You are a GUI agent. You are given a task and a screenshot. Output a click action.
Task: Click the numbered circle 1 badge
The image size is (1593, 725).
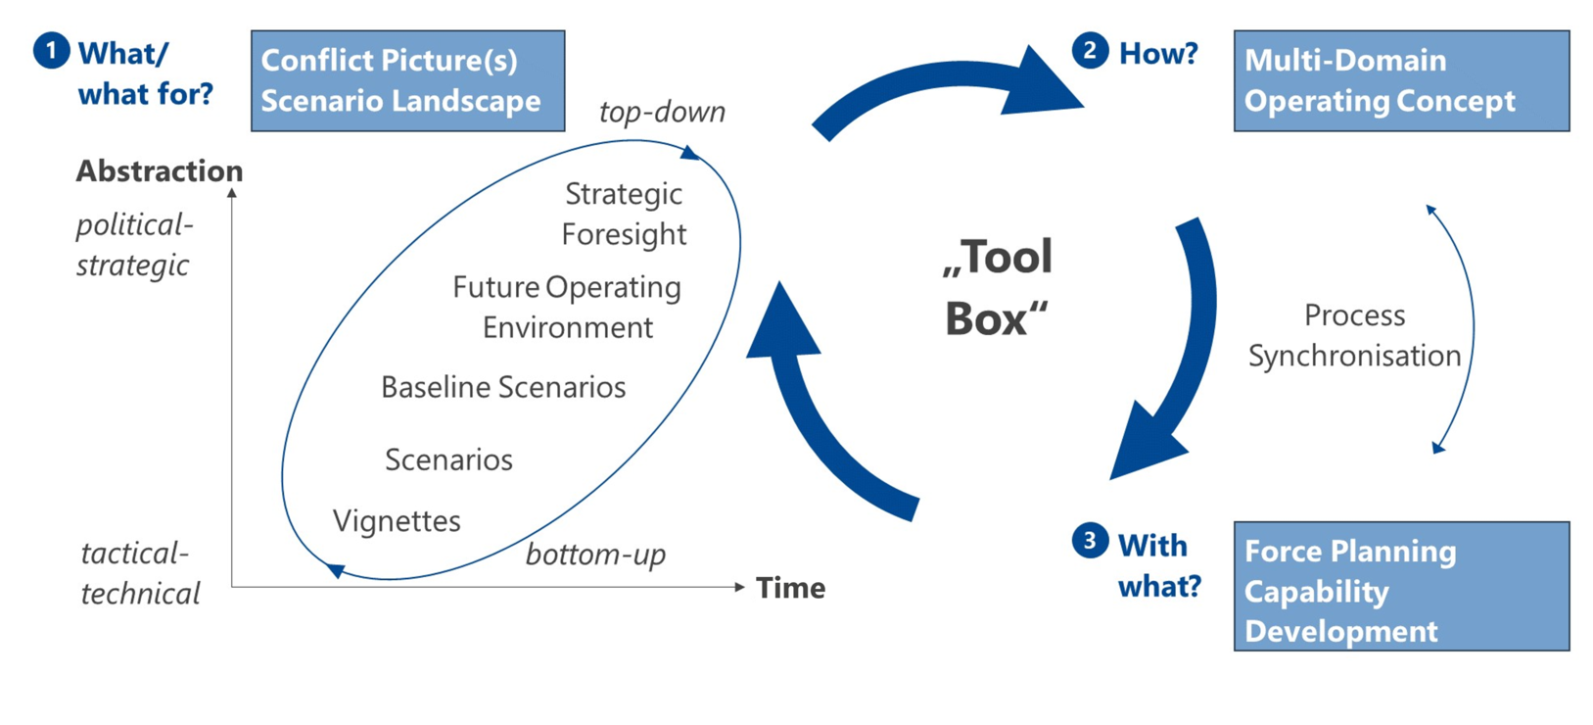pos(51,51)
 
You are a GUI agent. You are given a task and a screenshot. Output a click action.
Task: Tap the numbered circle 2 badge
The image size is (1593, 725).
pos(1090,51)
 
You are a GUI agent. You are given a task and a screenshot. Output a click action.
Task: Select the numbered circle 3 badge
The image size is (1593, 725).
pos(1090,541)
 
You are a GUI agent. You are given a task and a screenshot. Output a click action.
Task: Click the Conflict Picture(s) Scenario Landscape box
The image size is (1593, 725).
pos(408,80)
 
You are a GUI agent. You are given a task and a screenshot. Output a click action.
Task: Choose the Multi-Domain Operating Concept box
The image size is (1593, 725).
pos(1402,80)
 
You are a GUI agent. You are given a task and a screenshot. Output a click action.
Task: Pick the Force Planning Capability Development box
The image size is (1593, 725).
pos(1402,586)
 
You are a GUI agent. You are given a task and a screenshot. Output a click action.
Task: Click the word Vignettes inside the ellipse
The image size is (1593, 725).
pos(397,521)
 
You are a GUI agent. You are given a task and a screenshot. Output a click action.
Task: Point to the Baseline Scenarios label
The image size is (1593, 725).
pos(503,388)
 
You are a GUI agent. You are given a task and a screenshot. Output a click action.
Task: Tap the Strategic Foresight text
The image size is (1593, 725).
pos(624,215)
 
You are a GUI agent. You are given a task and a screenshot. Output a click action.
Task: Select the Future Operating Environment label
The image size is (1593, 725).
pos(567,308)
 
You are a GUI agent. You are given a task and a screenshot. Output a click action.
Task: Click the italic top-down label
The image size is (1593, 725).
pos(662,112)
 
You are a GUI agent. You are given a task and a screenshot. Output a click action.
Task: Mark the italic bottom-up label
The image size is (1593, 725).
pos(595,555)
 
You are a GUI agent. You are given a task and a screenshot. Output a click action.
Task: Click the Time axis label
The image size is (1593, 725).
pos(791,589)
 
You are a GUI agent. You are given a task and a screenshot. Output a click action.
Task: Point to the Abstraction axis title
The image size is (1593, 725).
pos(160,171)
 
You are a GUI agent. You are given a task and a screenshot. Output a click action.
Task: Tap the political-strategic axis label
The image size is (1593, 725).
pos(134,246)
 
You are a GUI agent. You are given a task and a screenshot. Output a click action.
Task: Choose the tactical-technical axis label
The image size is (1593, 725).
pos(140,573)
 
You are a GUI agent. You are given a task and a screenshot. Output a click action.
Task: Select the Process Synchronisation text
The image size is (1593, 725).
pos(1355,336)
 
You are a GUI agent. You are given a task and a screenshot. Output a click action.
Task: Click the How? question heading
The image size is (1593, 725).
pos(1158,53)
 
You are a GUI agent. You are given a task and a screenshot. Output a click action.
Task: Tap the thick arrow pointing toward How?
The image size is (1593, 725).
pos(946,75)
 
